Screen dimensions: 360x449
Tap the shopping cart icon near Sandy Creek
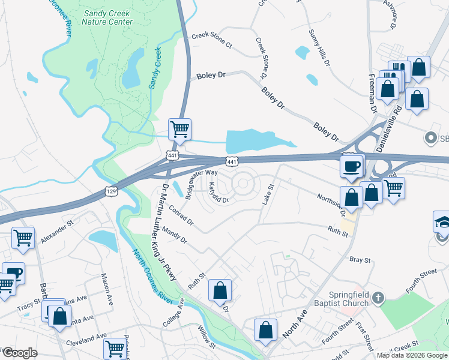coord(179,129)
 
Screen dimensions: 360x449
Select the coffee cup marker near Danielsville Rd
coord(352,166)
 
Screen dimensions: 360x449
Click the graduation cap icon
coord(444,221)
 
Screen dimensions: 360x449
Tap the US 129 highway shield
coord(110,191)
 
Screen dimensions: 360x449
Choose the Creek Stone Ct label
coord(211,36)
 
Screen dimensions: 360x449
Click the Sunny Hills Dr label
coord(319,47)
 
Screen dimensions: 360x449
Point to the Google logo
coord(20,353)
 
